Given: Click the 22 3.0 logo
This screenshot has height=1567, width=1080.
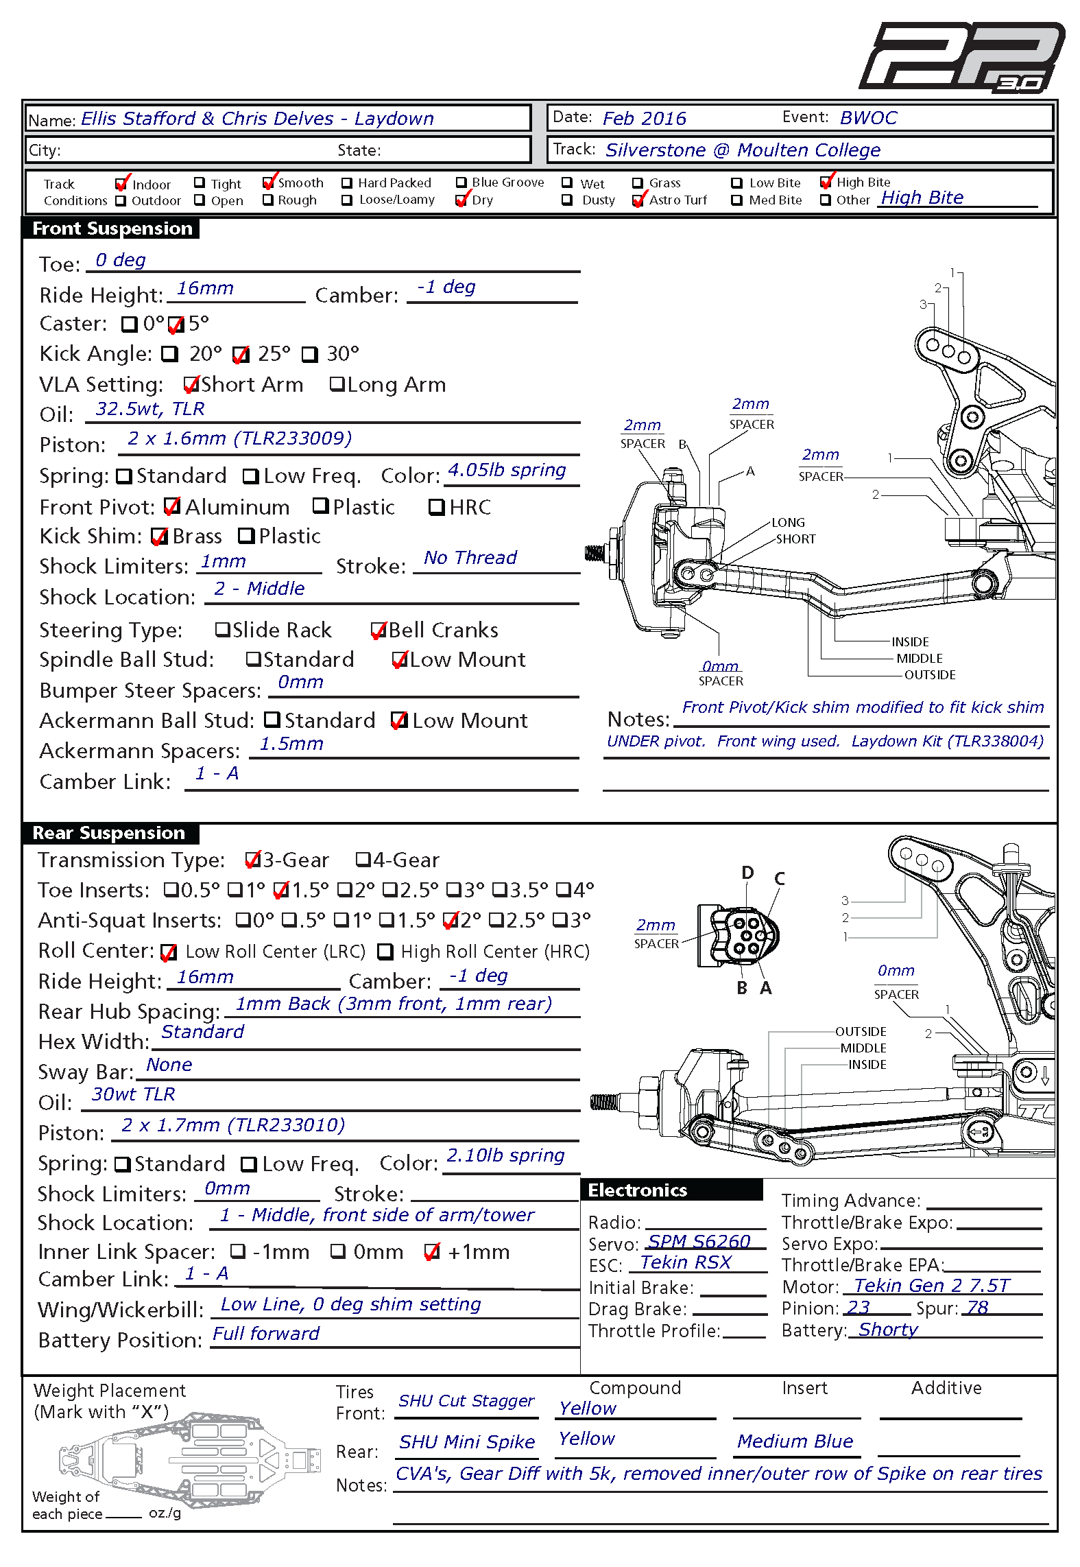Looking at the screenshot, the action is [x=961, y=57].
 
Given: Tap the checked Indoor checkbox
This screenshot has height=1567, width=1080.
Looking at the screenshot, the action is [x=122, y=184].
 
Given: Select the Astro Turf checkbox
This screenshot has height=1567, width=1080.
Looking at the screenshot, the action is [x=638, y=200].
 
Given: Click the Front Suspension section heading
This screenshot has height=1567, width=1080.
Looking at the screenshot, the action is [x=112, y=228].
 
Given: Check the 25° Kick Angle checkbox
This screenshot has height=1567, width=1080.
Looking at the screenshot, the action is [x=240, y=355].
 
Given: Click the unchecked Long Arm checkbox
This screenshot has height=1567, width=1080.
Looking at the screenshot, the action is [x=337, y=384].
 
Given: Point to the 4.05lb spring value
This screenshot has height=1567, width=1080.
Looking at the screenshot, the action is [x=507, y=470].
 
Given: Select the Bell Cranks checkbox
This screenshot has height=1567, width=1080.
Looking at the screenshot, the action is [x=379, y=631].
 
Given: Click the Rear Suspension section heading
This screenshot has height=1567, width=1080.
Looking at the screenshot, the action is [x=109, y=833].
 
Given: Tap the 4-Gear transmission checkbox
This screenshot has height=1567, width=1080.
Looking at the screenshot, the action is [x=363, y=860].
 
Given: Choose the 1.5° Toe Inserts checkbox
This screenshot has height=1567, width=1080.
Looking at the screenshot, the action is [x=280, y=890].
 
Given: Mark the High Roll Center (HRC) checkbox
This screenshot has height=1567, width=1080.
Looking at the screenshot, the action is [x=385, y=952].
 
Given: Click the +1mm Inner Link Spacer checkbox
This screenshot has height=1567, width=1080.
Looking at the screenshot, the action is [x=431, y=1252].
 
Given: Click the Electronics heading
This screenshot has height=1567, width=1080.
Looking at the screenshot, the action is [x=638, y=1190].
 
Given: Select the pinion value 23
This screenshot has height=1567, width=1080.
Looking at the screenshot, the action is [x=859, y=1308].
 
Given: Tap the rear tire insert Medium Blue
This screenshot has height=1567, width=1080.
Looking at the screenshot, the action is [x=795, y=1441].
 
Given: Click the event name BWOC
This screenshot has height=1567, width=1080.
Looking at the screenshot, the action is [x=869, y=118].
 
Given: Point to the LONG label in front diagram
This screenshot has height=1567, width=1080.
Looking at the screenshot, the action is [x=789, y=523].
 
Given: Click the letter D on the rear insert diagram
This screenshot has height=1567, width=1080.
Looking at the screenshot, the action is [x=747, y=873].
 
